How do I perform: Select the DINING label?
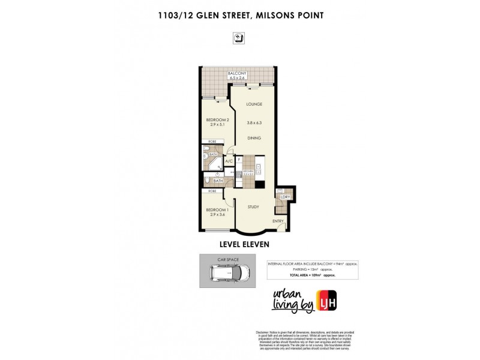254,139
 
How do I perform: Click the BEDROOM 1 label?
215,209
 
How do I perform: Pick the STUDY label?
253,206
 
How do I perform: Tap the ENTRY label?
278,221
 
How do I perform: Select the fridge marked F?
239,160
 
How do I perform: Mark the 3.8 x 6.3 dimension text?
254,122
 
